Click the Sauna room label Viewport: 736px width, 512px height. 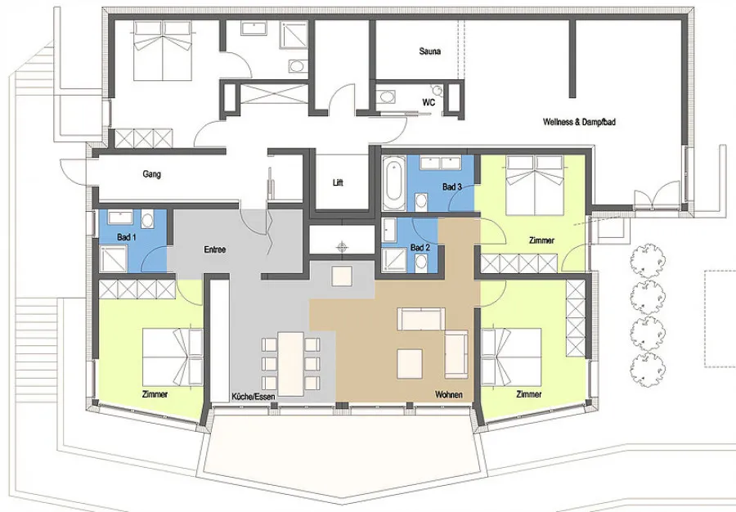(429, 52)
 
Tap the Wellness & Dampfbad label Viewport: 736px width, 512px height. (579, 122)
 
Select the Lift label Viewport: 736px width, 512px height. (338, 182)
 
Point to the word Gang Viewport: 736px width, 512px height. (151, 174)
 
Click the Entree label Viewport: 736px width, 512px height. (214, 249)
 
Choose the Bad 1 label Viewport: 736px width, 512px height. (126, 237)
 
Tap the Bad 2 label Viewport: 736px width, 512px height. (420, 247)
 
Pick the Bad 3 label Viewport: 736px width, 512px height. (452, 186)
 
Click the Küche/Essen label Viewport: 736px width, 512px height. (253, 397)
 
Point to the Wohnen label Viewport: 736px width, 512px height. (449, 395)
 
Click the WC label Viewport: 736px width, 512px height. (429, 102)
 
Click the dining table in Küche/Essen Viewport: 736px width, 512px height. (291, 365)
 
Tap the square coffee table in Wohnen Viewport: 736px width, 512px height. (411, 364)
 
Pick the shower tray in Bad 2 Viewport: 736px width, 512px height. (394, 260)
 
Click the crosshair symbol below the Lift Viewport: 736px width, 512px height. (342, 246)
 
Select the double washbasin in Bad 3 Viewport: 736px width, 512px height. (441, 163)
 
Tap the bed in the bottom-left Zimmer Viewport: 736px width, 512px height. (173, 356)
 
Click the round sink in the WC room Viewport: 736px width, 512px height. (387, 97)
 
